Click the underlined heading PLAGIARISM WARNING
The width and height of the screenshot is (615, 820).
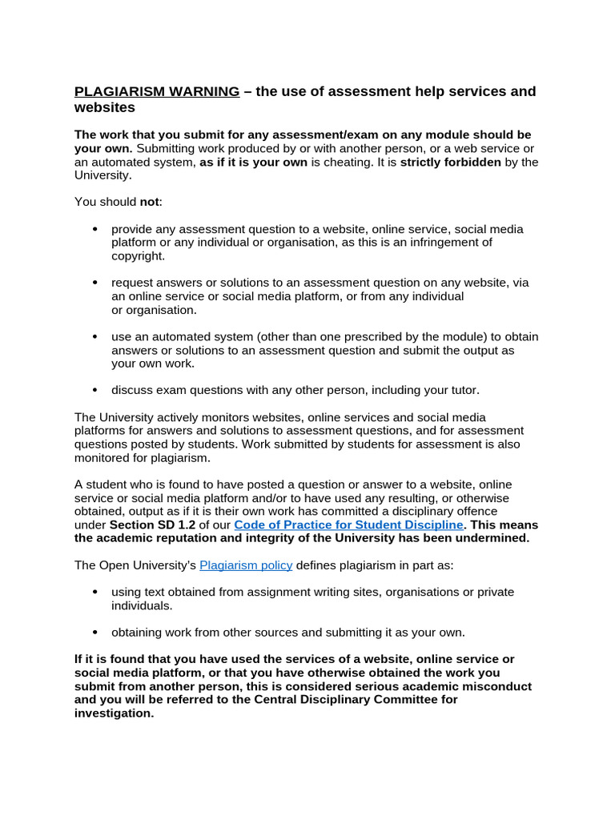coord(156,91)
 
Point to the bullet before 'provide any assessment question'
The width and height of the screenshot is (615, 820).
coord(95,229)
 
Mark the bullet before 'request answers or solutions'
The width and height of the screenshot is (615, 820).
coord(95,283)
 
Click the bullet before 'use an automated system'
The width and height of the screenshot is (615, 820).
coord(95,336)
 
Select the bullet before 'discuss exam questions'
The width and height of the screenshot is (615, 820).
coord(95,390)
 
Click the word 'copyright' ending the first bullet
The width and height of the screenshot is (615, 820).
coord(137,256)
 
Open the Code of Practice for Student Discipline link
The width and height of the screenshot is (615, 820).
coord(348,525)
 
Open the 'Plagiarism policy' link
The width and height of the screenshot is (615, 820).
coord(246,565)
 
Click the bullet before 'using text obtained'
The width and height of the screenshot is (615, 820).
coord(95,592)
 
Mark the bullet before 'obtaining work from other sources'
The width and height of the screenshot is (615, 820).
coord(95,632)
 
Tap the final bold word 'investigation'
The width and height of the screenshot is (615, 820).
coord(113,713)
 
